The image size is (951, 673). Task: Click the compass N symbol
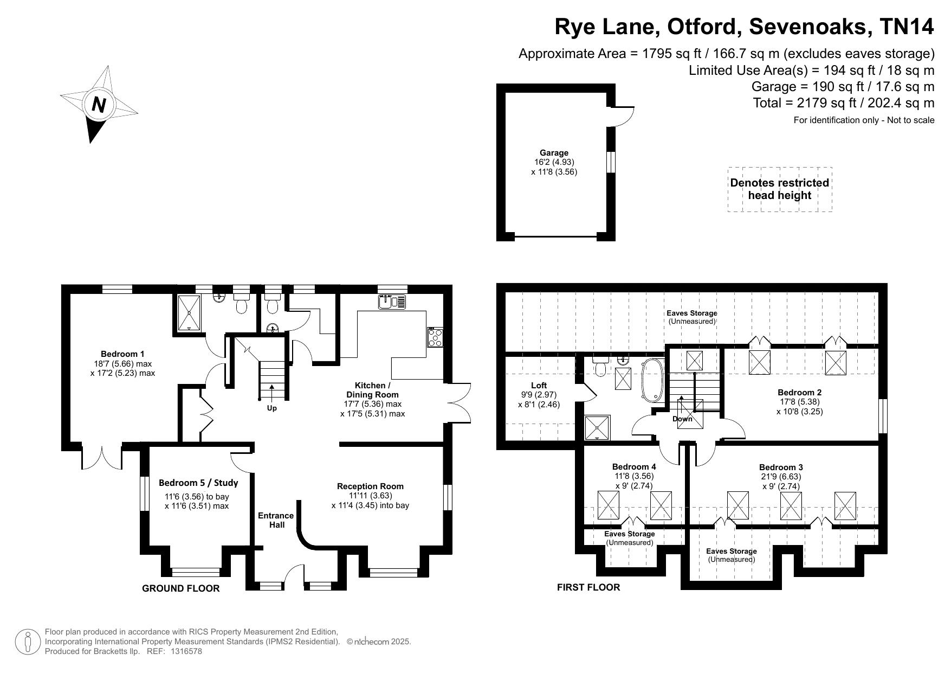click(99, 104)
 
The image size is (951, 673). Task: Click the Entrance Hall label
click(276, 520)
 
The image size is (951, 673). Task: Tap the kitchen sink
click(392, 301)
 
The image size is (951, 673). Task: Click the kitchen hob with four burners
click(435, 337)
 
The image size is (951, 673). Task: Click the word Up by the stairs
click(271, 408)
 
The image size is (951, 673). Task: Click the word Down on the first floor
click(682, 419)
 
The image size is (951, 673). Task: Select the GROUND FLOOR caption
click(181, 588)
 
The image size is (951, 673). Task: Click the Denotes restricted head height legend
click(780, 189)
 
